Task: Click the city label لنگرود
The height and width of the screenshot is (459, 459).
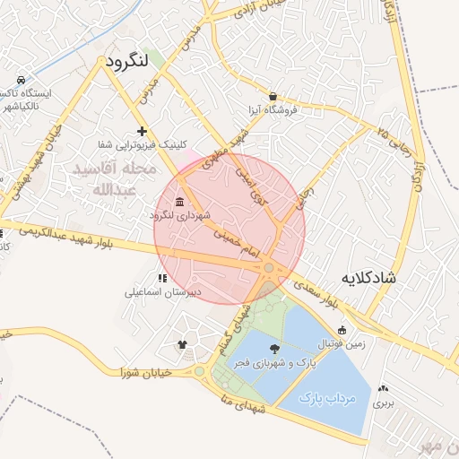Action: [131, 62]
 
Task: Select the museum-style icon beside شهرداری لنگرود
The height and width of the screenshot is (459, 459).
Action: [180, 201]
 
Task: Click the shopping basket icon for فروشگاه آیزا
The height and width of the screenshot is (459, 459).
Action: [273, 96]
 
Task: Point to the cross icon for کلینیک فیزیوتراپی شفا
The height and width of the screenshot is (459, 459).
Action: [141, 131]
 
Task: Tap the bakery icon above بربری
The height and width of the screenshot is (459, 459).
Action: [384, 388]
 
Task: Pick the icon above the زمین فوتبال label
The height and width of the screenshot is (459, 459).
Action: [342, 329]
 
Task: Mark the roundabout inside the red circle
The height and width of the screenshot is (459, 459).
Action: [268, 268]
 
